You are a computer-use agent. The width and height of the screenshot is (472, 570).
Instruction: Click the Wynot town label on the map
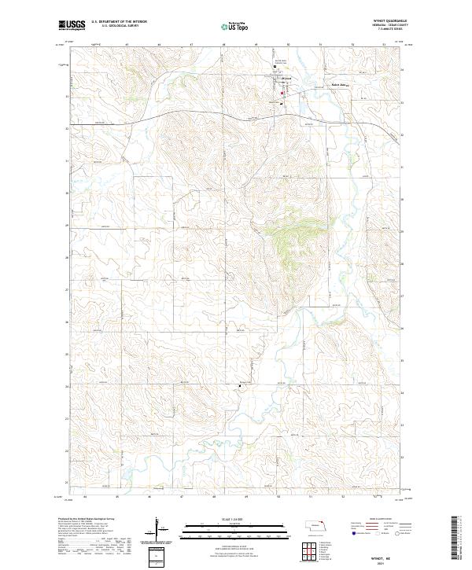click(286, 78)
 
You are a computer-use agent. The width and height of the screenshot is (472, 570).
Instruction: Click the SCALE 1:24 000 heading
click(235, 519)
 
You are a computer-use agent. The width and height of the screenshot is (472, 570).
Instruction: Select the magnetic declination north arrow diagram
click(158, 528)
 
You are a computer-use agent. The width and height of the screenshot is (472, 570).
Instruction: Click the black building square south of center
click(241, 384)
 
